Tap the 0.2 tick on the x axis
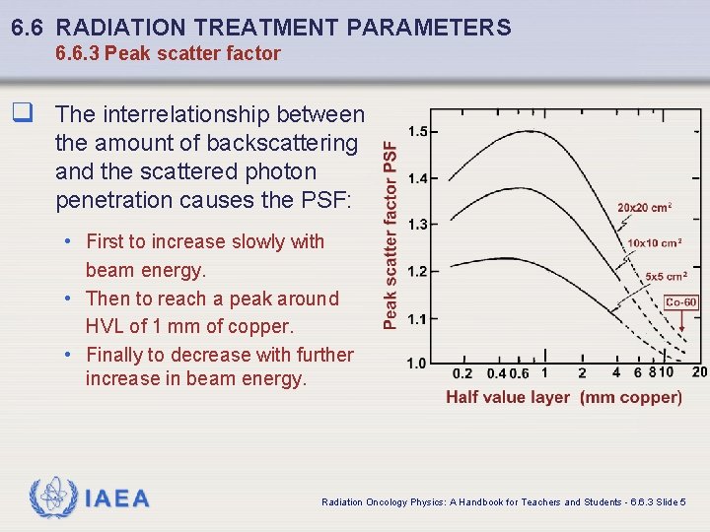pos(461,373)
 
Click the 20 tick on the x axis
pos(699,372)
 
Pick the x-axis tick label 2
pos(582,373)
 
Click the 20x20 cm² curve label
pos(645,208)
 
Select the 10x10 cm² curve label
pos(654,243)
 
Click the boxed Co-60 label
pos(681,303)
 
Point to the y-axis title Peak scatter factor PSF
pos(391,234)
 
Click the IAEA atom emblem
pos(53,499)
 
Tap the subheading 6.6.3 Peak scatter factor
pos(168,54)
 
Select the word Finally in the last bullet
pos(118,355)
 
